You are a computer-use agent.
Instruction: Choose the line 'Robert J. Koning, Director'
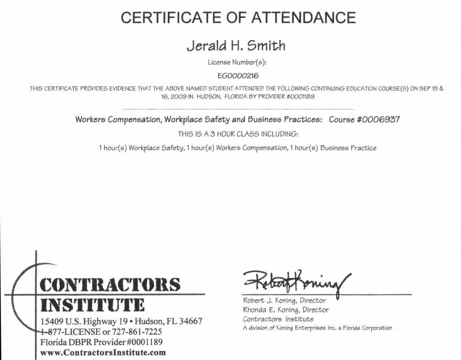point(285,301)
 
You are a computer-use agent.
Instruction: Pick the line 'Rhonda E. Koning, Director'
point(286,310)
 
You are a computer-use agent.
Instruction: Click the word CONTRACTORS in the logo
point(110,284)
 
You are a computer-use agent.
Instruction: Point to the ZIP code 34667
point(189,322)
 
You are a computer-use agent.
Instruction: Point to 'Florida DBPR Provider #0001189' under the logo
point(101,342)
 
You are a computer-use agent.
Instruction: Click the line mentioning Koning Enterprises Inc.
point(317,328)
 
